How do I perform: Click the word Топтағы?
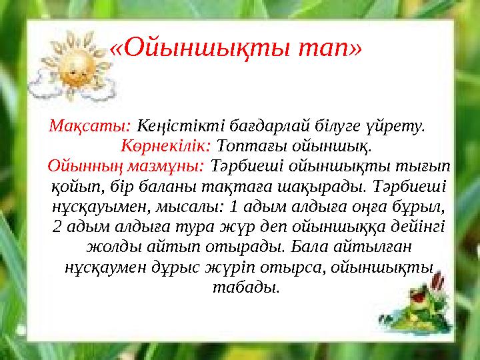click(x=243, y=144)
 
